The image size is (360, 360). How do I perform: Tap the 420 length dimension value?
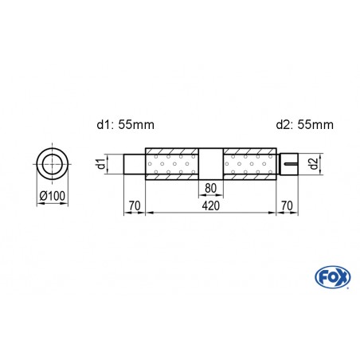(210, 205)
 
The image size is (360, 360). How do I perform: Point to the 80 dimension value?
(210, 189)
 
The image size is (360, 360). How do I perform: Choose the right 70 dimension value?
(288, 205)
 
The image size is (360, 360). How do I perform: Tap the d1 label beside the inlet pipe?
(100, 165)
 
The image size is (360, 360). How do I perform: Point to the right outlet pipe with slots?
(288, 166)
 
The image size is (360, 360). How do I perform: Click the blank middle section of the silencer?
(210, 166)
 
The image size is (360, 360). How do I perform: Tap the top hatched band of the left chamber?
(171, 152)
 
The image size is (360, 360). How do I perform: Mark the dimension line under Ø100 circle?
(53, 204)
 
